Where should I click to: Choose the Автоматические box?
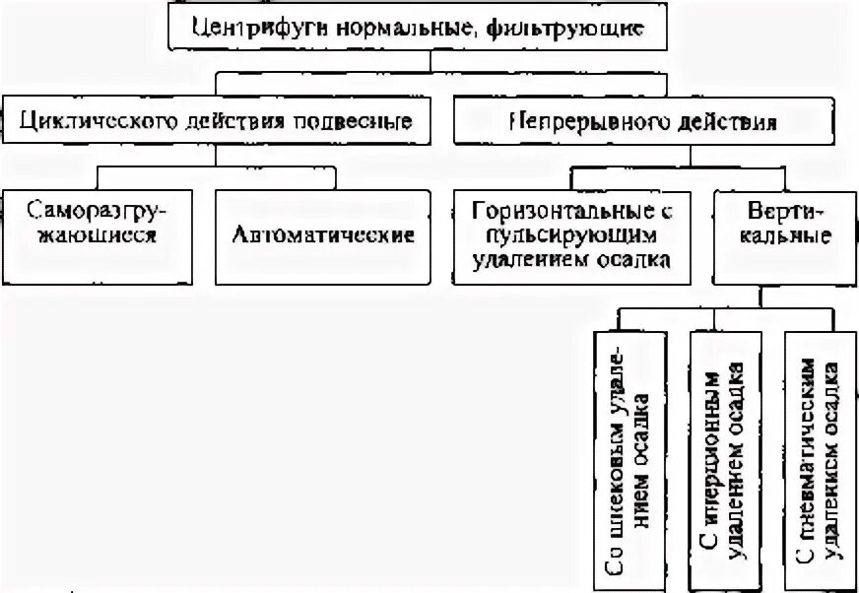(323, 235)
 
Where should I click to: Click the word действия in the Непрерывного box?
(727, 121)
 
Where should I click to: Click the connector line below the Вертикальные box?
(760, 297)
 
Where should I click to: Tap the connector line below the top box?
(429, 60)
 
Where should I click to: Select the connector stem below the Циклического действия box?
(216, 158)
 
